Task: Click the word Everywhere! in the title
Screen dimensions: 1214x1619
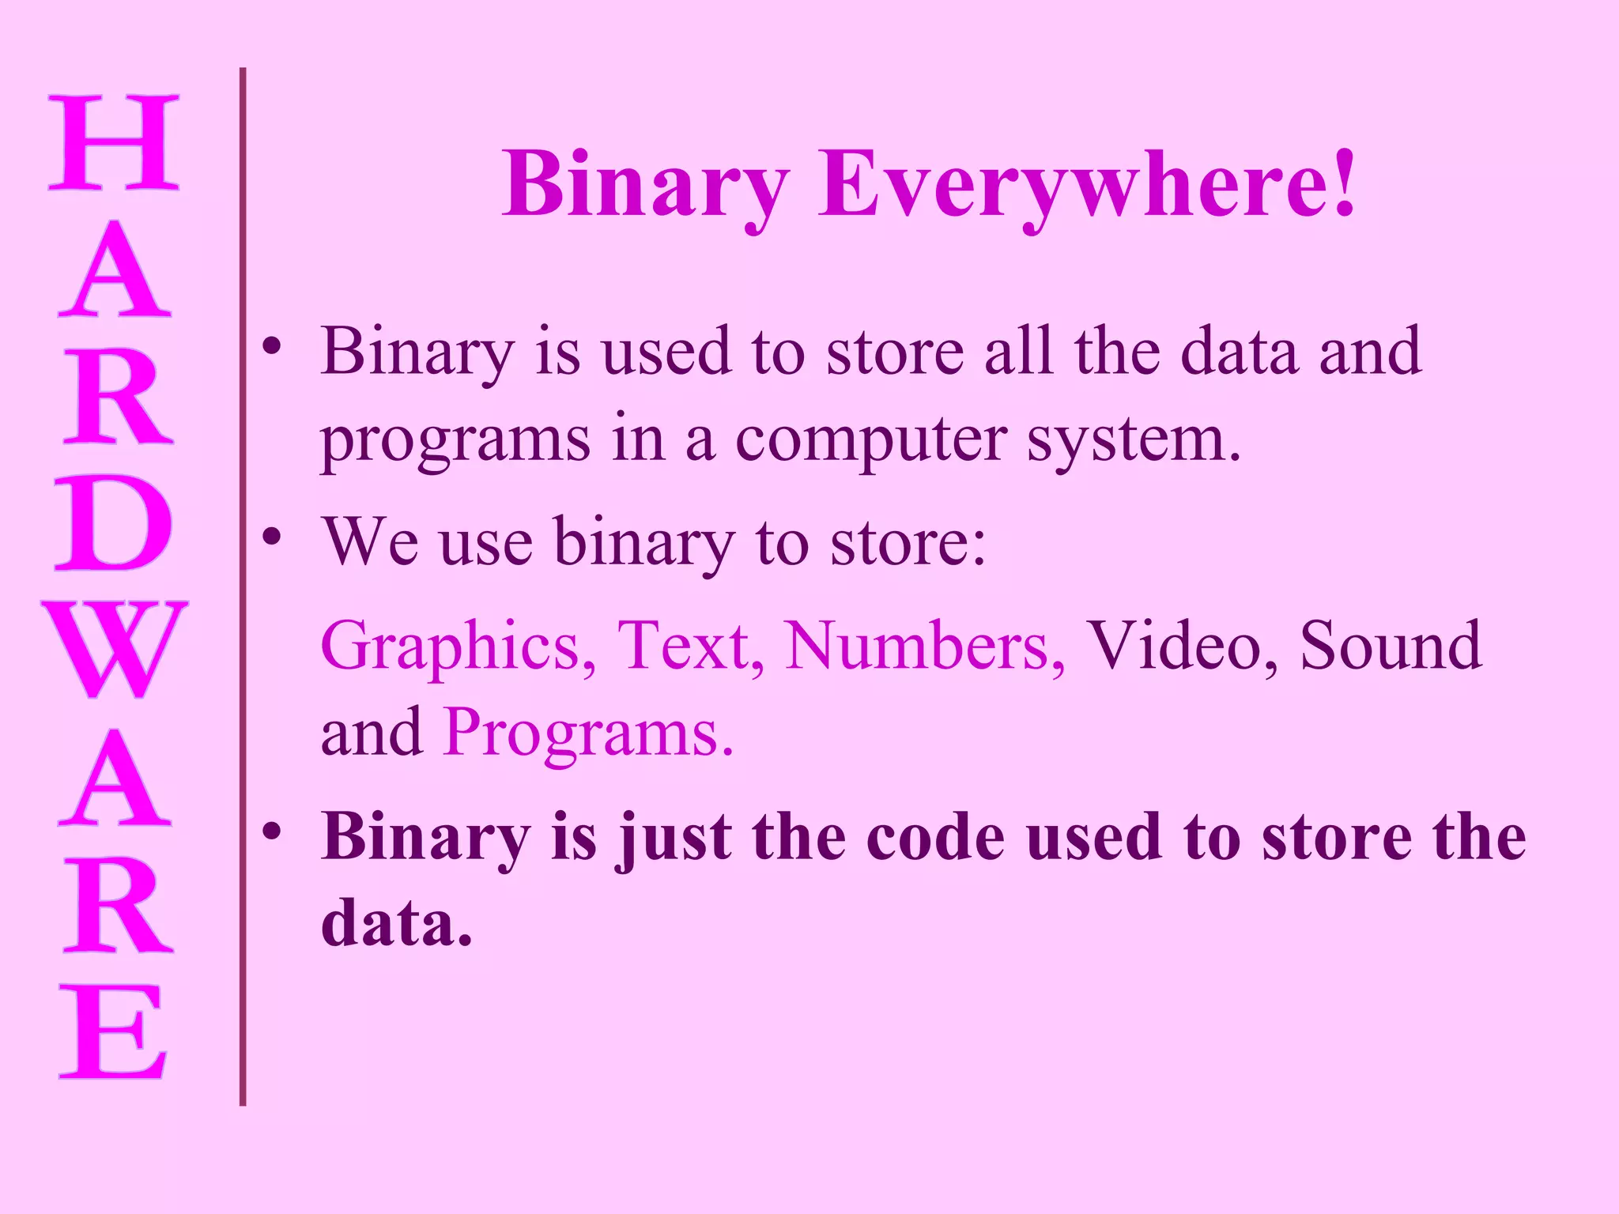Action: pos(1087,185)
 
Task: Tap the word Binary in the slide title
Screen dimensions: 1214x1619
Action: pos(645,185)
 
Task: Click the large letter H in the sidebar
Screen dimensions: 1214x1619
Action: pos(114,142)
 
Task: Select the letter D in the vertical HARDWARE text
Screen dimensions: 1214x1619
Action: pos(114,523)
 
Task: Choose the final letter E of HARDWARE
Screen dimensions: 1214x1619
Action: pos(114,1031)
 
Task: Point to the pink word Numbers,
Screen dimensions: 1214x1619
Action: pos(925,647)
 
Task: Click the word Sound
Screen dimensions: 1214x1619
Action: pos(1391,647)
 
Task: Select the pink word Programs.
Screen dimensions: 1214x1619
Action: pos(588,733)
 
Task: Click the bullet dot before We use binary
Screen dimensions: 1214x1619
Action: pos(272,537)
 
